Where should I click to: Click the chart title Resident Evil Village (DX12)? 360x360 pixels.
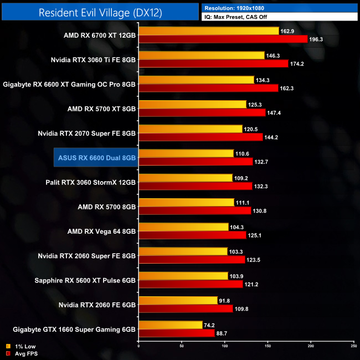100,13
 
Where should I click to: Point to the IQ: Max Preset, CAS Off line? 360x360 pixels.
244,17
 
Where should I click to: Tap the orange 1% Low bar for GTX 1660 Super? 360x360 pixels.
171,325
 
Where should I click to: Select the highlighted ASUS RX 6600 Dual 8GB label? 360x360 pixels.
96,157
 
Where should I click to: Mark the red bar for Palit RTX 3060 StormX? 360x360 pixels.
195,186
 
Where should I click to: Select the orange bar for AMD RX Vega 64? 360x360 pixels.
183,227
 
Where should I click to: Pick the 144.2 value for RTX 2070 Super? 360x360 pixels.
272,136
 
